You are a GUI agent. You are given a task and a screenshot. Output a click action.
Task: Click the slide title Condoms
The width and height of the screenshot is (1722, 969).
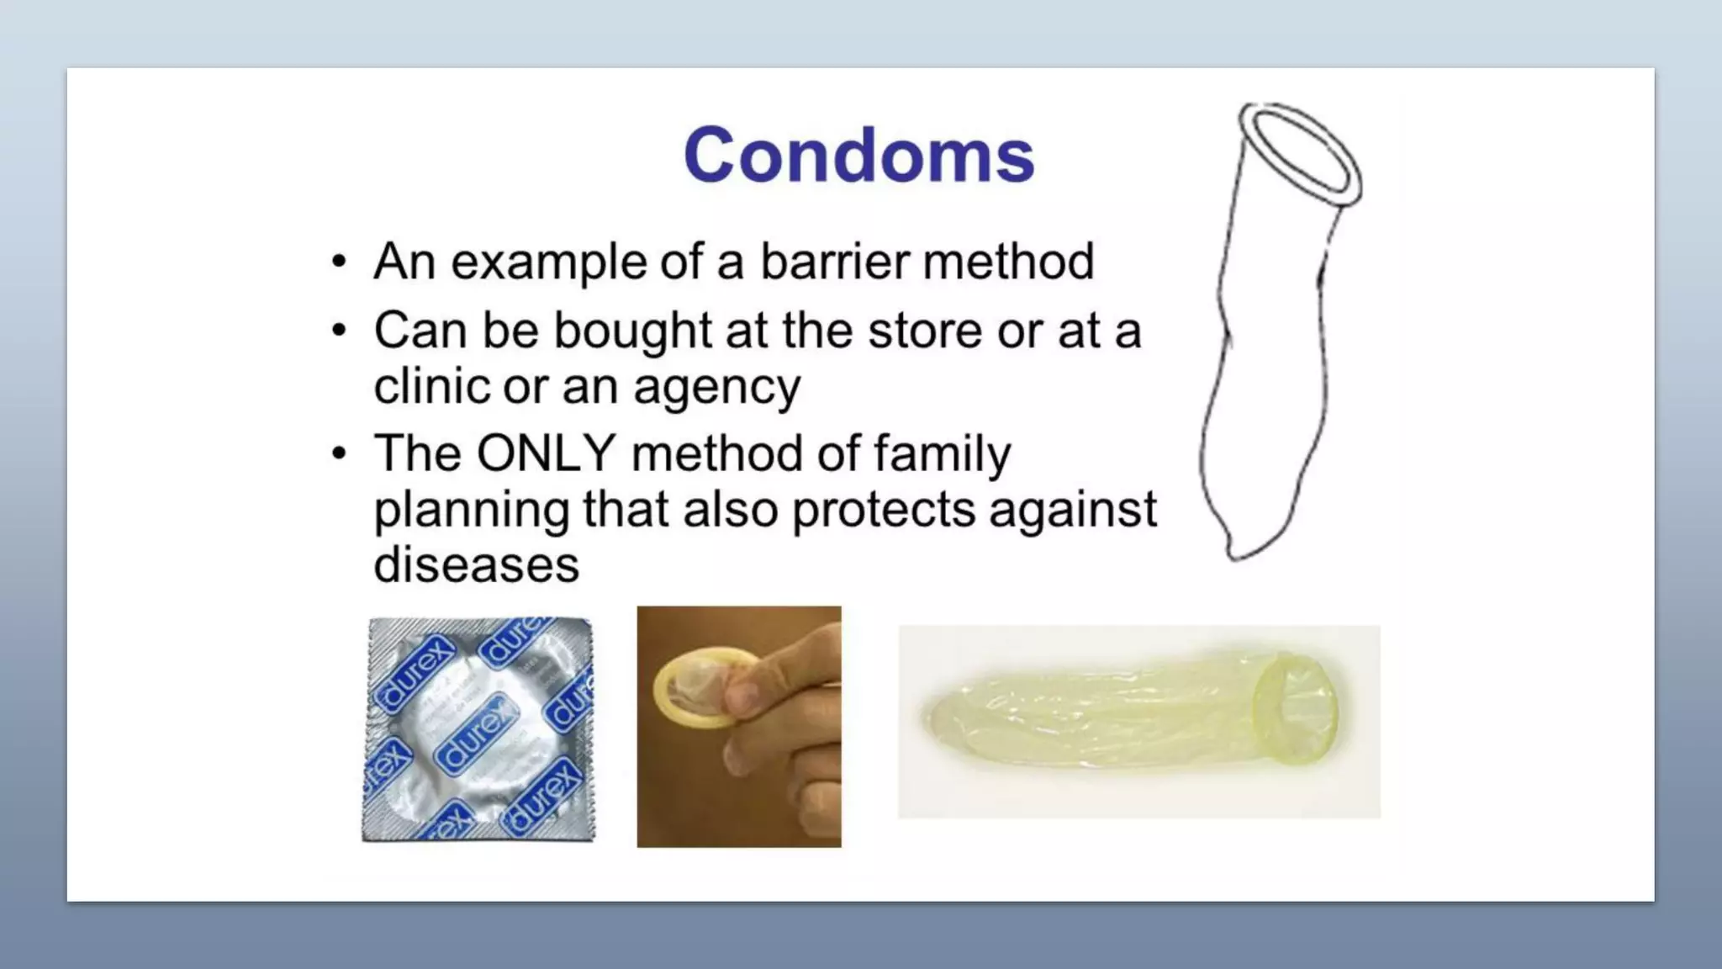[x=858, y=156]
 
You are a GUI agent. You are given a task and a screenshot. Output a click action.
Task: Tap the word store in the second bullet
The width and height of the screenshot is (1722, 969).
[x=924, y=331]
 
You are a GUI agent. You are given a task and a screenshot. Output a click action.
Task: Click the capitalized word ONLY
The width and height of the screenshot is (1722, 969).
[x=546, y=453]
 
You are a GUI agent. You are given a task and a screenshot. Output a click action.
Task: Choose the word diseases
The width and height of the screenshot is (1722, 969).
[x=476, y=564]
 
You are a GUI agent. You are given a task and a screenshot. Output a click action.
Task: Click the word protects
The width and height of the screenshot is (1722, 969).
[x=883, y=511]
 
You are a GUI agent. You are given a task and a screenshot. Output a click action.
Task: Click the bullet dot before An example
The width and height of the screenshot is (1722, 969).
[x=339, y=262]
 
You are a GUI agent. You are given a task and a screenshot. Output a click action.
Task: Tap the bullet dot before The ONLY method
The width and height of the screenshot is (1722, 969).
[x=339, y=454]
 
